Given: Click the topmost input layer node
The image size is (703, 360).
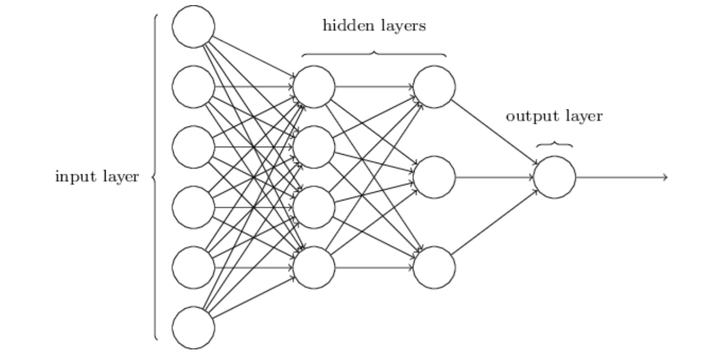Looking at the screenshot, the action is [193, 27].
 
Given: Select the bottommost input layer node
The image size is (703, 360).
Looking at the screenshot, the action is [193, 328].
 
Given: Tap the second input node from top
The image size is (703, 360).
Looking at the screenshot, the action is [193, 87].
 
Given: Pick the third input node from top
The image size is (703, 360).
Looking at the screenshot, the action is [193, 147].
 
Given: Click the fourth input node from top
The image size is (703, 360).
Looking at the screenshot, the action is [193, 207].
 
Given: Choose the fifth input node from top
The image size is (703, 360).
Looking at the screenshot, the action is [193, 267].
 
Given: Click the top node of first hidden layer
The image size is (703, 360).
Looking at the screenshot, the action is [314, 87].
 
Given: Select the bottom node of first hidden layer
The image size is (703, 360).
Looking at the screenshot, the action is [314, 267].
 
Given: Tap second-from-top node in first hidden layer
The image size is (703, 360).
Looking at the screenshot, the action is [314, 147].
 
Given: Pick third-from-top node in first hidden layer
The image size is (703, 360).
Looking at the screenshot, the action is [314, 207].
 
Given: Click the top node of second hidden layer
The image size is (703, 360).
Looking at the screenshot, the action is [434, 87].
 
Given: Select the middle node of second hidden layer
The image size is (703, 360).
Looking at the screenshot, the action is [434, 177].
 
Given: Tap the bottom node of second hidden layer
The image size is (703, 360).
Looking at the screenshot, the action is [434, 267].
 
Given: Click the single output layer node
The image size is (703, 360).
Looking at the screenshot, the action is [555, 177].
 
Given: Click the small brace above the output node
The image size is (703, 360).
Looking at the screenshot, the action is [555, 144].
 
